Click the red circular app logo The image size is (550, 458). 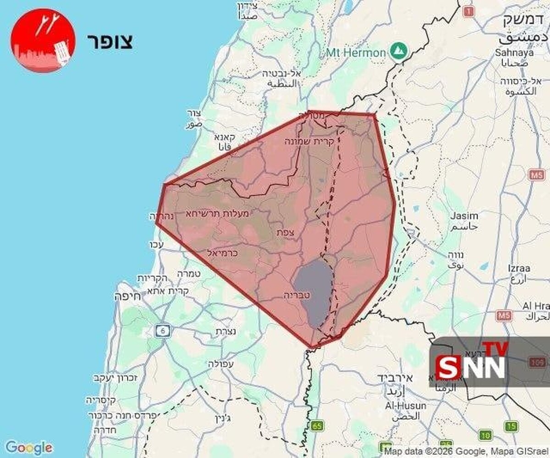tap(43, 40)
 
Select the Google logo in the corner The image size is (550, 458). tap(28, 447)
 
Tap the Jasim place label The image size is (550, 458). tap(464, 215)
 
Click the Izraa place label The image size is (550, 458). tap(519, 268)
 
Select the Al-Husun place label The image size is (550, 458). tap(406, 406)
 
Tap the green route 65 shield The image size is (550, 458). tap(317, 426)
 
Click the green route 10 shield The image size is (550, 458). tap(485, 435)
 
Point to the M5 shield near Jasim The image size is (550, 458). tap(537, 175)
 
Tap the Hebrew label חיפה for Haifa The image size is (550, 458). tap(127, 297)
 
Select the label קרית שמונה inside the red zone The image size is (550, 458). tap(310, 142)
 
